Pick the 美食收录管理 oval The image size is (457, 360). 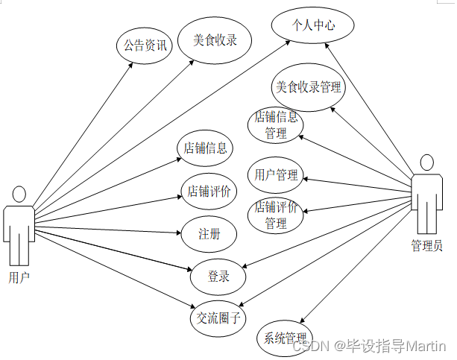coord(308,88)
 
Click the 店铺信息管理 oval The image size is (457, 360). coord(276,125)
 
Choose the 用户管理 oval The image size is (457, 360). coord(276,176)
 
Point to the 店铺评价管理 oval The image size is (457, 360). coord(276,215)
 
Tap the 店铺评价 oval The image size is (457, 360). coord(209,192)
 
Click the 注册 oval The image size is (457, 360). coord(209,234)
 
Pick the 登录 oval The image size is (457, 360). coord(218,277)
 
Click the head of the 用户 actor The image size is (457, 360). coord(19,195)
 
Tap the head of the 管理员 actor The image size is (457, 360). coord(426,163)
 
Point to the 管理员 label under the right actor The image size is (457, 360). coord(426,245)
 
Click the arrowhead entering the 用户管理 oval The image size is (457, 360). coord(303,178)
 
